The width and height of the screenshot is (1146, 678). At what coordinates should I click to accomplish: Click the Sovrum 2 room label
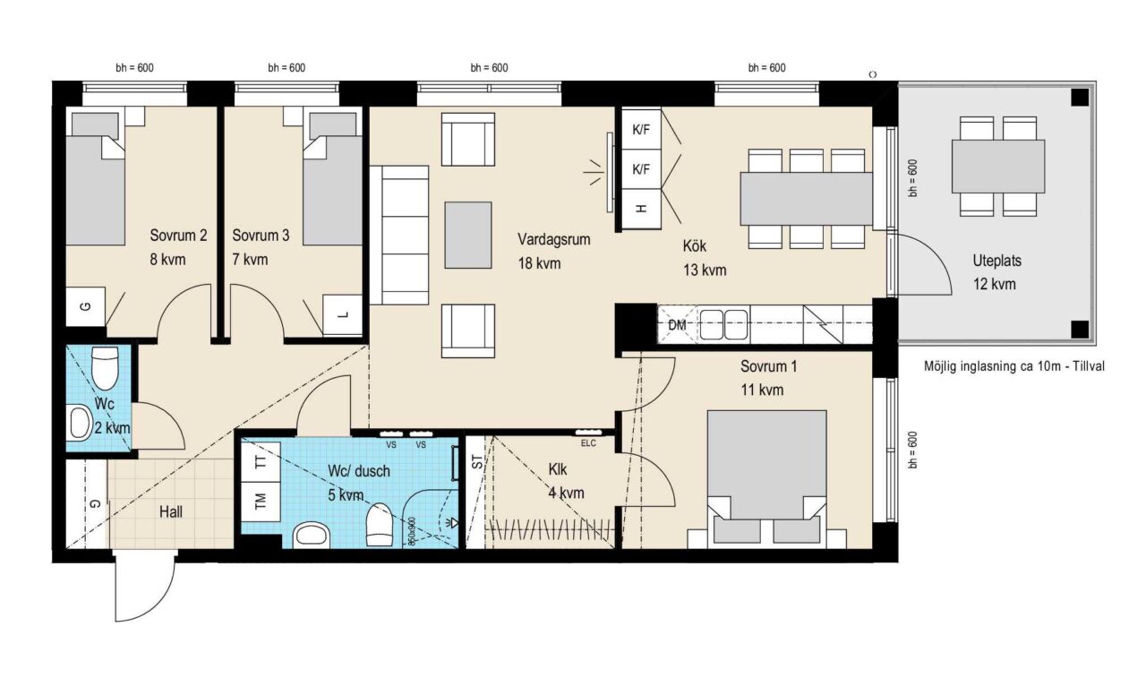[x=178, y=236]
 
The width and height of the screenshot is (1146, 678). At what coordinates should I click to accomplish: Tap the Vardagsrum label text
[x=553, y=239]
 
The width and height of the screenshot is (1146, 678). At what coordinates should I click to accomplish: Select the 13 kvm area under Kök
[x=705, y=270]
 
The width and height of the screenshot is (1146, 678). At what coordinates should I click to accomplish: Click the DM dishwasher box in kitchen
[x=677, y=324]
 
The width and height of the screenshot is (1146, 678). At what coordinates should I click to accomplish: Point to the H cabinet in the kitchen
[x=641, y=209]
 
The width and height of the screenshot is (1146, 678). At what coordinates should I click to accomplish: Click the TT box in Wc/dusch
[x=261, y=462]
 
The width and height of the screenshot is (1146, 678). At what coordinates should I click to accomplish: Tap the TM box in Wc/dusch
[x=261, y=501]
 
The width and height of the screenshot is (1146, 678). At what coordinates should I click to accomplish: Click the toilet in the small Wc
[x=105, y=367]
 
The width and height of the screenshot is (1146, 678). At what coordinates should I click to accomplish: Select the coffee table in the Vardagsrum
[x=467, y=235]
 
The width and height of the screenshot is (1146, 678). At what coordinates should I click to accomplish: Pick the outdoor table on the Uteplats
[x=997, y=167]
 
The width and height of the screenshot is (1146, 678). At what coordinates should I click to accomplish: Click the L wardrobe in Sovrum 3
[x=343, y=314]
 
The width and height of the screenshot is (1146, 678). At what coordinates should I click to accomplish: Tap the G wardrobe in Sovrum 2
[x=86, y=306]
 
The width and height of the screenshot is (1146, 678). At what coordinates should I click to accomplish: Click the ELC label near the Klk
[x=588, y=443]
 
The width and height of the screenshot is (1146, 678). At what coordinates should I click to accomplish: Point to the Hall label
[x=170, y=511]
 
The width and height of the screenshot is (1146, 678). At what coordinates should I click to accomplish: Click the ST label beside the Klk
[x=476, y=462]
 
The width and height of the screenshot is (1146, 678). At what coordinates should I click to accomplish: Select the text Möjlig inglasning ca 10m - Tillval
[x=1014, y=366]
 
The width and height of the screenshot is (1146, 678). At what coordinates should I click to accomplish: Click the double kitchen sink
[x=723, y=324]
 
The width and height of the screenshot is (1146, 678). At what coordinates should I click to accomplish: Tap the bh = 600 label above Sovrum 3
[x=286, y=67]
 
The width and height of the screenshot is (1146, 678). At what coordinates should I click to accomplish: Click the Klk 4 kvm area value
[x=566, y=493]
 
